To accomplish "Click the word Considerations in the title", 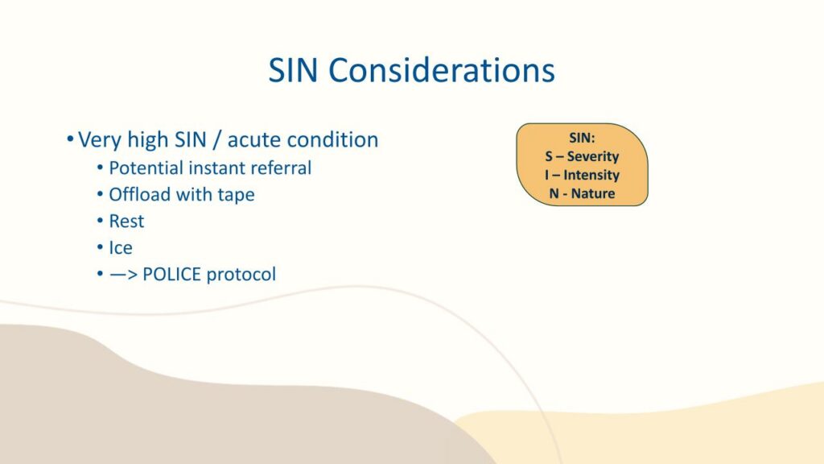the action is click(x=442, y=70).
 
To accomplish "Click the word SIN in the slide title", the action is click(x=293, y=70).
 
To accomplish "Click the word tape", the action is click(x=236, y=195).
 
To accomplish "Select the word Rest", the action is click(x=126, y=221).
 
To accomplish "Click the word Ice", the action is click(x=121, y=247).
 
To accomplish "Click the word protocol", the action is click(x=241, y=275).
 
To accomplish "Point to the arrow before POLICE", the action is click(x=123, y=275).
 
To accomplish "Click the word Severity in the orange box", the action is click(x=593, y=157).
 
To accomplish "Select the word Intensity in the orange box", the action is click(x=591, y=175).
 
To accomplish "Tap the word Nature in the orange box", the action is click(x=593, y=193).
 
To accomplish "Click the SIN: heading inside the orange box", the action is click(x=582, y=138).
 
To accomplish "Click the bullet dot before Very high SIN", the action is click(x=70, y=139).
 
